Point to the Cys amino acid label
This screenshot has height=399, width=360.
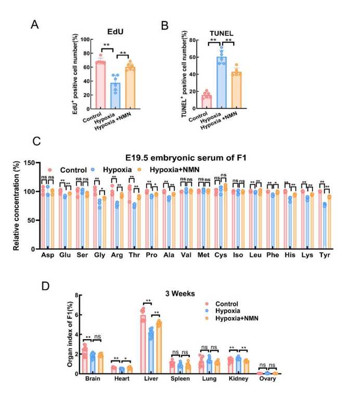click(x=220, y=256)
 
